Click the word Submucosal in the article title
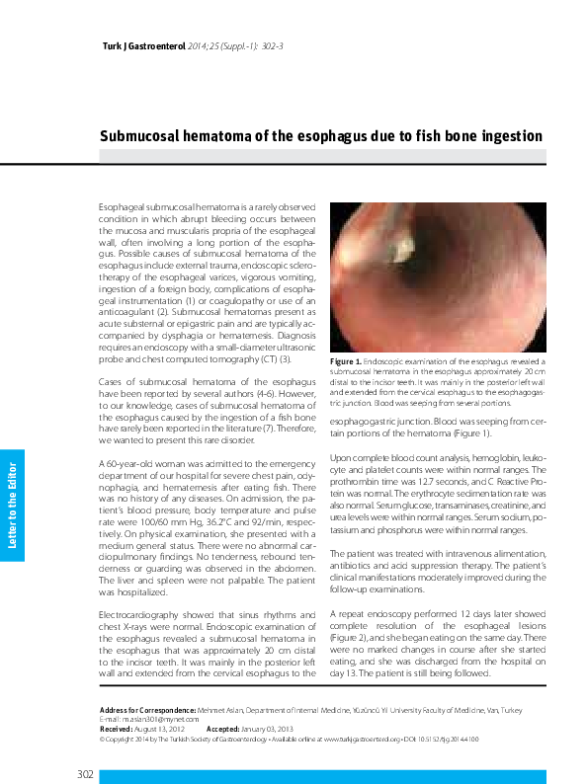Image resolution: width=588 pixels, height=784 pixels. [x=149, y=135]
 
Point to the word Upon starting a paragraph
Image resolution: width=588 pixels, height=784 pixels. [x=340, y=459]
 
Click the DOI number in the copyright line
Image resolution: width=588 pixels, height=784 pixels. [x=449, y=739]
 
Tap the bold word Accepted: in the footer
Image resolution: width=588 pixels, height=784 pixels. [x=223, y=729]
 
